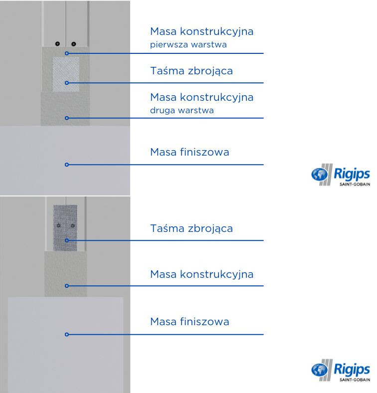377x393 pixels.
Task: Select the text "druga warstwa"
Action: pyautogui.click(x=182, y=110)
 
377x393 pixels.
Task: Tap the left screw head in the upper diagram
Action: pyautogui.click(x=58, y=43)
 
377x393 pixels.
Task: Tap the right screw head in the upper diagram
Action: pyautogui.click(x=73, y=43)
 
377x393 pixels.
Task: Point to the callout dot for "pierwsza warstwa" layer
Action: pyautogui.click(x=66, y=53)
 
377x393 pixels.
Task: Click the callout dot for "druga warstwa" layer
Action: pyautogui.click(x=66, y=118)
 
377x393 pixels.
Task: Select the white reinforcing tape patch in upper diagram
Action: pyautogui.click(x=65, y=73)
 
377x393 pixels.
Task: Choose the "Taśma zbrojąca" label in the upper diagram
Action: pyautogui.click(x=191, y=71)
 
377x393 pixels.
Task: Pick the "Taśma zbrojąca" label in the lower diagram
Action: pyautogui.click(x=191, y=229)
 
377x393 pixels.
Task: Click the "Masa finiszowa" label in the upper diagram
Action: pyautogui.click(x=189, y=152)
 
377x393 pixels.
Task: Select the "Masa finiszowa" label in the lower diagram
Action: pyautogui.click(x=189, y=322)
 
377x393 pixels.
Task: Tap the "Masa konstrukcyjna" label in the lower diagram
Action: pyautogui.click(x=201, y=274)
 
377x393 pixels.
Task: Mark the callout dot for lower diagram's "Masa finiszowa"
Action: pyautogui.click(x=66, y=335)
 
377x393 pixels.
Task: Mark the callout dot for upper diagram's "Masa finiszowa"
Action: pyautogui.click(x=66, y=165)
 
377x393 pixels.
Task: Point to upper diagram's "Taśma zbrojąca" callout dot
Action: pyautogui.click(x=66, y=83)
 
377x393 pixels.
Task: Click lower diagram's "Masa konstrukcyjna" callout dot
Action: pyautogui.click(x=66, y=286)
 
